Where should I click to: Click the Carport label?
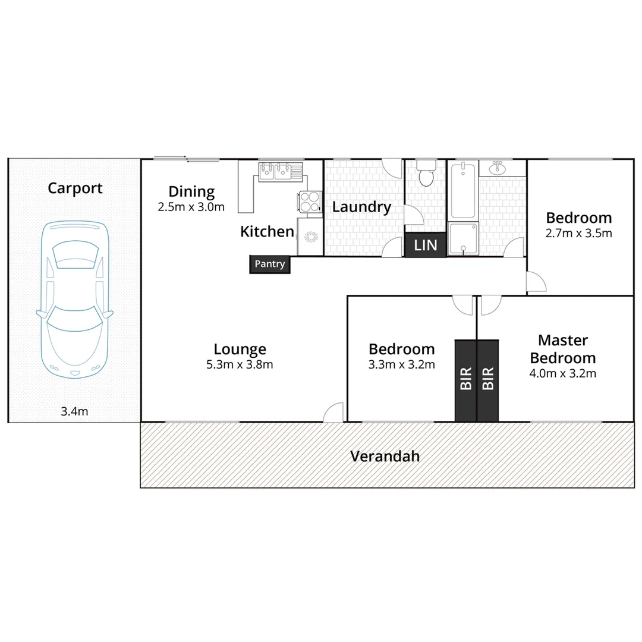75,188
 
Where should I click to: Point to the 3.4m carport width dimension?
74,411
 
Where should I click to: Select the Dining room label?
191,192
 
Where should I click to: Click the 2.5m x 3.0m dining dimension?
191,207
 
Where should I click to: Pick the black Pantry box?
270,265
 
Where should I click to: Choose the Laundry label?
361,207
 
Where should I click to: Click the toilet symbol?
426,172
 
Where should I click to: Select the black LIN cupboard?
426,245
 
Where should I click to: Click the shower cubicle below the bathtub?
463,239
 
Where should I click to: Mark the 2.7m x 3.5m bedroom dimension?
578,233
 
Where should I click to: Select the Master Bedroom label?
563,350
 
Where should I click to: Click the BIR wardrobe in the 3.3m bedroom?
466,380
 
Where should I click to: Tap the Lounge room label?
240,350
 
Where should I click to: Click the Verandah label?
385,457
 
